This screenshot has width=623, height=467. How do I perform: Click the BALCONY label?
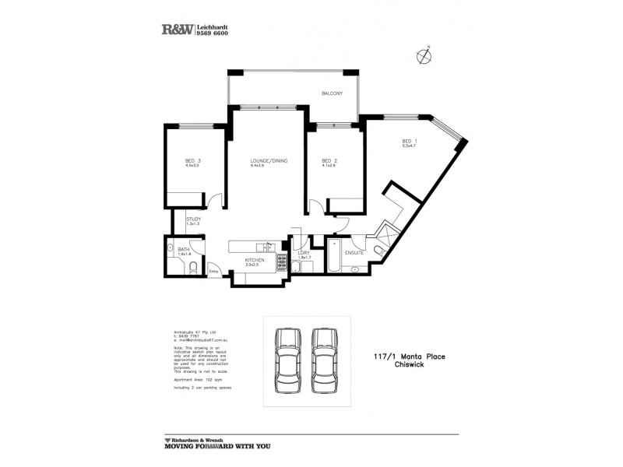click(332, 93)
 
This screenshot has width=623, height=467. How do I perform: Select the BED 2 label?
click(329, 161)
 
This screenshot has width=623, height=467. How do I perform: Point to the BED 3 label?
click(193, 161)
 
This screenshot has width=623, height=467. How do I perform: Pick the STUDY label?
click(194, 219)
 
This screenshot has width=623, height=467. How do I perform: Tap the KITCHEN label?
click(255, 260)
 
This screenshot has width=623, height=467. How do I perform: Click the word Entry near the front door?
click(213, 271)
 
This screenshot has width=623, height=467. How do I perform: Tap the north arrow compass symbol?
click(423, 55)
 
